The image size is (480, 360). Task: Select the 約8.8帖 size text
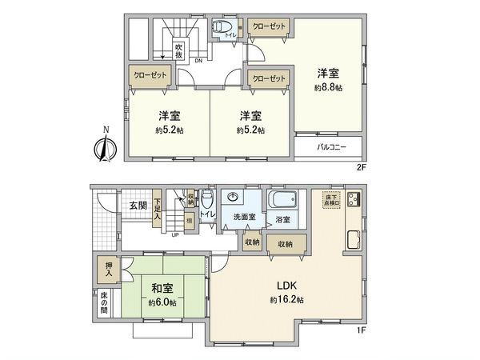(x=329, y=87)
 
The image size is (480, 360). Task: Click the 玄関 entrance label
(x=137, y=206)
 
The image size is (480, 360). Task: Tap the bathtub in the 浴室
(x=282, y=199)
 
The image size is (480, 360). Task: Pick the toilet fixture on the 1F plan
(x=207, y=197)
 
